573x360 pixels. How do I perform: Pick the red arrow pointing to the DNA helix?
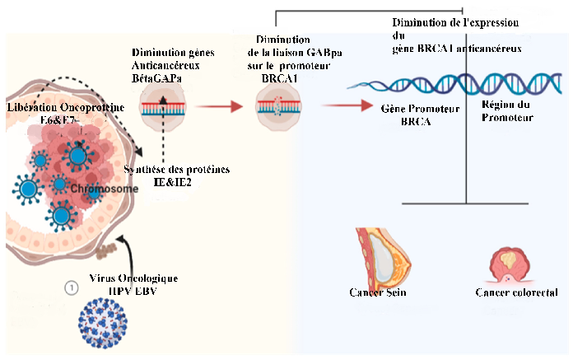coord(338,105)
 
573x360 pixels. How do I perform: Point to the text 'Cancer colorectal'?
coord(517,293)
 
